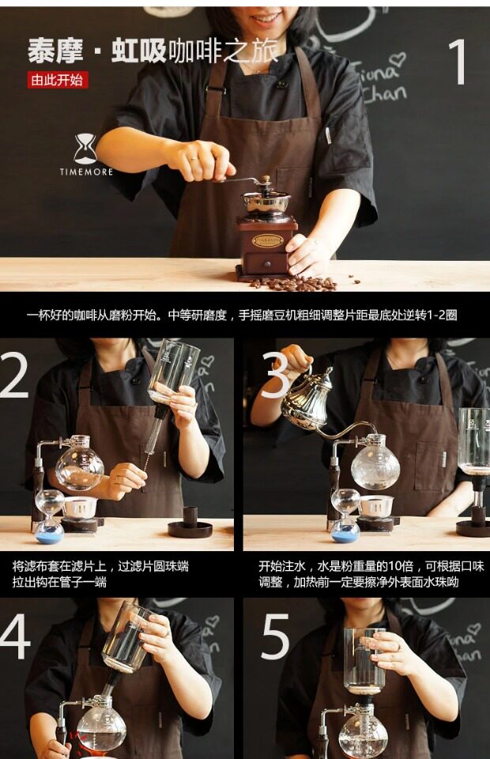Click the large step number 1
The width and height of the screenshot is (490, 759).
(x=457, y=62)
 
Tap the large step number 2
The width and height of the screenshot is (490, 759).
(x=14, y=374)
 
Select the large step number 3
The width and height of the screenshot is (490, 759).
(x=275, y=375)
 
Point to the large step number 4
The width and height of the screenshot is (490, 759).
(x=15, y=636)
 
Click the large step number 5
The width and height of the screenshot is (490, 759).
(x=276, y=636)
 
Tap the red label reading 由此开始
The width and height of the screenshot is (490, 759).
(x=58, y=80)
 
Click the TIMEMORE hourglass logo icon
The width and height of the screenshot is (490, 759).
(x=85, y=148)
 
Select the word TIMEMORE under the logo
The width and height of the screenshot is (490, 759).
(x=86, y=172)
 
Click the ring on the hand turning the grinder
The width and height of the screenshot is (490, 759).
(x=194, y=158)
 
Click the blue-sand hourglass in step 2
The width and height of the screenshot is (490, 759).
(x=49, y=516)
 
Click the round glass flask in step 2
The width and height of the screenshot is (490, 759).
(x=80, y=466)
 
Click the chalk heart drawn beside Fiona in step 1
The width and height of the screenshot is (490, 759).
(x=398, y=60)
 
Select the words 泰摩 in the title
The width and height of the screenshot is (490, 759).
(x=55, y=51)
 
